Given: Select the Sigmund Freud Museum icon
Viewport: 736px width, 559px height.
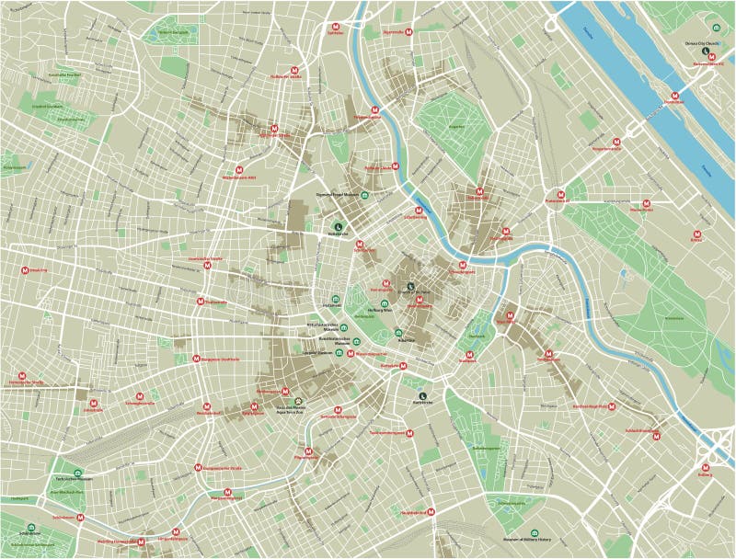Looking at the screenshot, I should pos(365,196).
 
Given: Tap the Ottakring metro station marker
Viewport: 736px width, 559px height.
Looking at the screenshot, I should pos(26,269).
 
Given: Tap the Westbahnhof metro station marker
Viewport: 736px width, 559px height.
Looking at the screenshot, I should pos(210,405).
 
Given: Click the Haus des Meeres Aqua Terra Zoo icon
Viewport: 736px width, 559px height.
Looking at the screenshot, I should pos(296,401).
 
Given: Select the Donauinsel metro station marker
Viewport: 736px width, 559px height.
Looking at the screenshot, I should pos(675,95).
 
